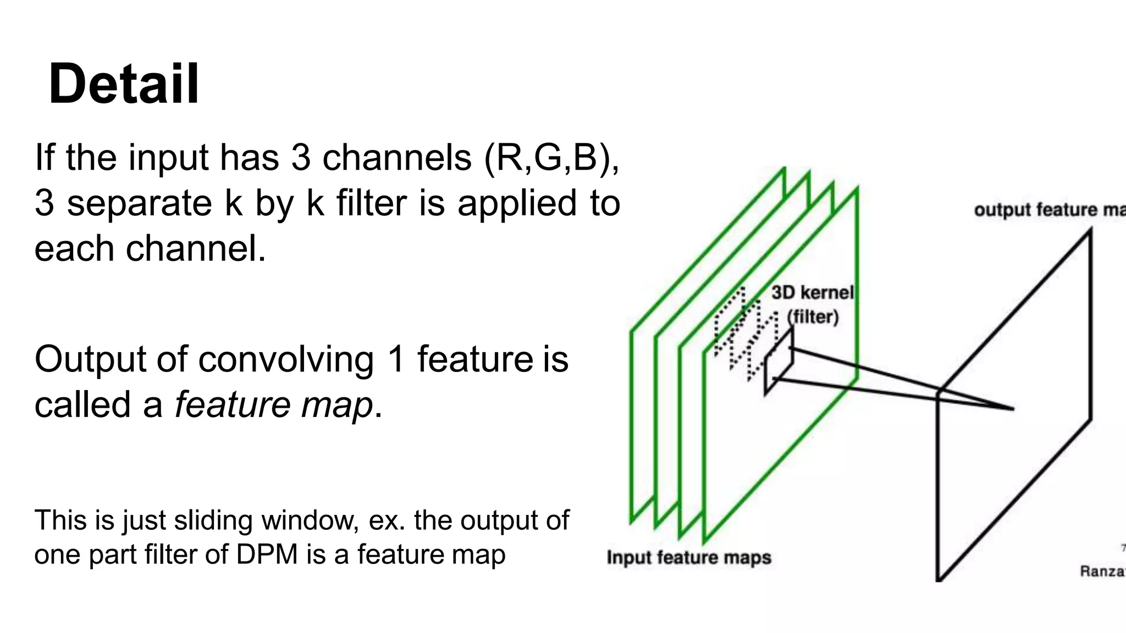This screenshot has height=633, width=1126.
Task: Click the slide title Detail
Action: pyautogui.click(x=124, y=85)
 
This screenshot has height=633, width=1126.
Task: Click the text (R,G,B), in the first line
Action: pyautogui.click(x=551, y=158)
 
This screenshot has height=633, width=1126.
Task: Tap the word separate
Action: pyautogui.click(x=139, y=203)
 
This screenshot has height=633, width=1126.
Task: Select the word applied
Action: pyautogui.click(x=517, y=203)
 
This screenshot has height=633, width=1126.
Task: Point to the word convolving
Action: pyautogui.click(x=286, y=360)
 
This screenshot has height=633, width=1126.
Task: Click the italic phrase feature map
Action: pyautogui.click(x=274, y=406)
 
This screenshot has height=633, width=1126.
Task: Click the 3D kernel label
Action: pyautogui.click(x=812, y=293)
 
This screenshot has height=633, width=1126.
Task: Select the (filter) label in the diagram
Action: pyautogui.click(x=813, y=317)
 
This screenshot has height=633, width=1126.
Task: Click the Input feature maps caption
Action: pyautogui.click(x=689, y=558)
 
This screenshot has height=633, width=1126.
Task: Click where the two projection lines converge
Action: pyautogui.click(x=1012, y=409)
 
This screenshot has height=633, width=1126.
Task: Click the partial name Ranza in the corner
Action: pyautogui.click(x=1102, y=571)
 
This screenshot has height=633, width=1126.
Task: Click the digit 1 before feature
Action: pyautogui.click(x=396, y=360)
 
